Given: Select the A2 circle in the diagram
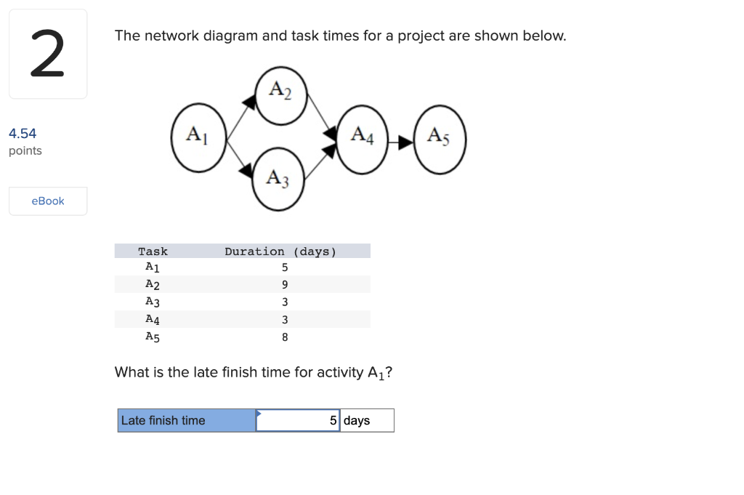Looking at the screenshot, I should (x=281, y=95).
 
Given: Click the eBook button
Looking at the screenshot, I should (x=48, y=201).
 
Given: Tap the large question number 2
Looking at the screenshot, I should (x=47, y=54).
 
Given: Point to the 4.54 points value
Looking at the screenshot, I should (x=23, y=133).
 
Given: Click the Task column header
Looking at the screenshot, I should (x=153, y=251).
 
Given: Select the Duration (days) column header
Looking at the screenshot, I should (x=280, y=251).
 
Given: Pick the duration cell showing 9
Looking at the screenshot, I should (x=285, y=284).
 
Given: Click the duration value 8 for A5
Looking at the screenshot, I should (x=285, y=337).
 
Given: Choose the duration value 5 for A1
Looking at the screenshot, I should (x=285, y=267).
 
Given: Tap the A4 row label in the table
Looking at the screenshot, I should (x=153, y=319).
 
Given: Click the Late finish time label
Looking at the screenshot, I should (x=163, y=420).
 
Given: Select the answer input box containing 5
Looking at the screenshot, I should (x=298, y=420).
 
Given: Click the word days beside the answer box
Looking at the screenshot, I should (x=357, y=420).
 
